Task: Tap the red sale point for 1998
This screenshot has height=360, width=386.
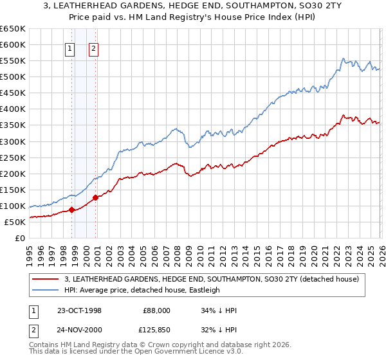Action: [x=72, y=209]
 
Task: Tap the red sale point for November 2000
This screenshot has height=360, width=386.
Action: [x=95, y=197]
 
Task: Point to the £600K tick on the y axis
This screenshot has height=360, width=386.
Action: [x=13, y=44]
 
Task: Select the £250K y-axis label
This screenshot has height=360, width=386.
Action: [x=13, y=157]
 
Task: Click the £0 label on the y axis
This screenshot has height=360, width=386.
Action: [x=20, y=238]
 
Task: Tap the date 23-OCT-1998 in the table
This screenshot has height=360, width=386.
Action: [x=78, y=310]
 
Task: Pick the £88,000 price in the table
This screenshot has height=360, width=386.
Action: [x=156, y=310]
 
